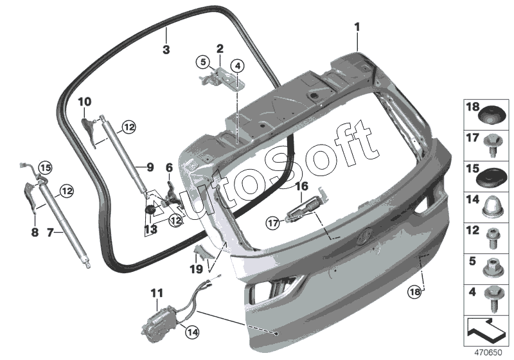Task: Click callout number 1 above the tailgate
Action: tap(357, 27)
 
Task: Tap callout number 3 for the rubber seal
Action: tap(166, 50)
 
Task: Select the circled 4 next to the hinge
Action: tap(237, 66)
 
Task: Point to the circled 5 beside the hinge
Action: tap(203, 62)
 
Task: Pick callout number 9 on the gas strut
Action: tap(149, 167)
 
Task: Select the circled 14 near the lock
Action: tap(191, 332)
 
